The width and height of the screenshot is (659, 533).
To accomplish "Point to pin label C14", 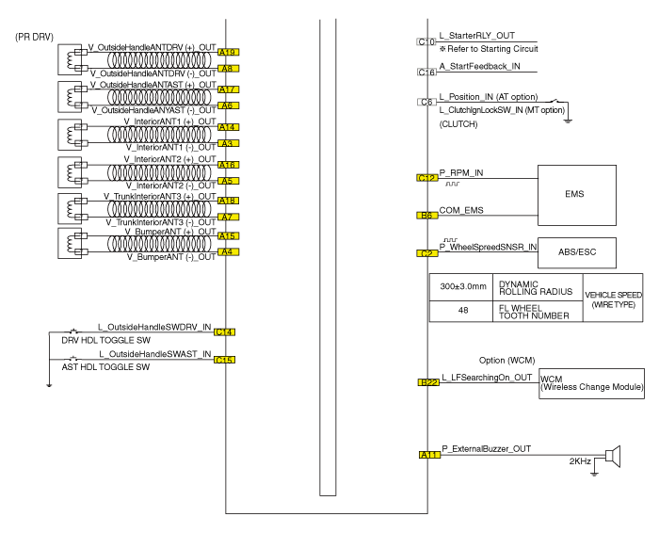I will coord(225,331).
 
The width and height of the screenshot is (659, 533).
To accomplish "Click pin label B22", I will coord(428,381).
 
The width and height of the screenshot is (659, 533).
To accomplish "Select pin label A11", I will coord(428,456).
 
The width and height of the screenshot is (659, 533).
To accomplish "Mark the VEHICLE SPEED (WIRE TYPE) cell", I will coord(614,297).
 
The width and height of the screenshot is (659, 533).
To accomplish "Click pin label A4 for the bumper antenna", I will coord(226,252).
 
